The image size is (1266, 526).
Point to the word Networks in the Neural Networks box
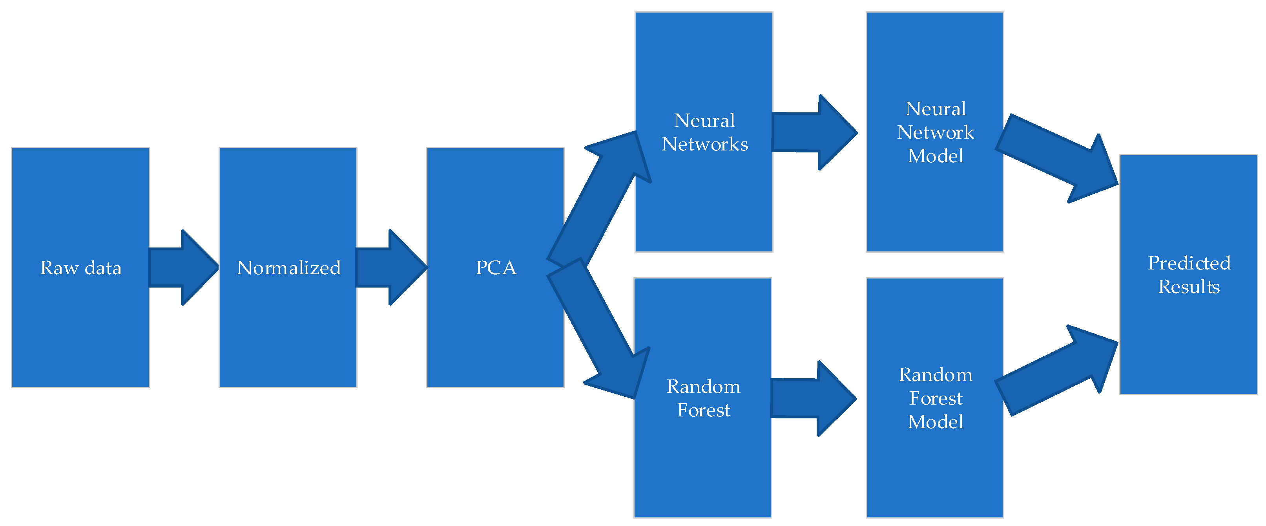coord(704,145)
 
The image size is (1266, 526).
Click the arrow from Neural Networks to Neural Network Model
coord(814,132)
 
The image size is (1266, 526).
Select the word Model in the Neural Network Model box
coord(935,156)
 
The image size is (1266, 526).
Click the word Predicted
coord(1189,263)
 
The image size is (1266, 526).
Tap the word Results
coord(1189,287)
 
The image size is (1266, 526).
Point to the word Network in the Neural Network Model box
coord(935,133)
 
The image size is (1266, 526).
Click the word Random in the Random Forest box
coord(703,387)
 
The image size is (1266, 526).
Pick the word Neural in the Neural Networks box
coord(704,121)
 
